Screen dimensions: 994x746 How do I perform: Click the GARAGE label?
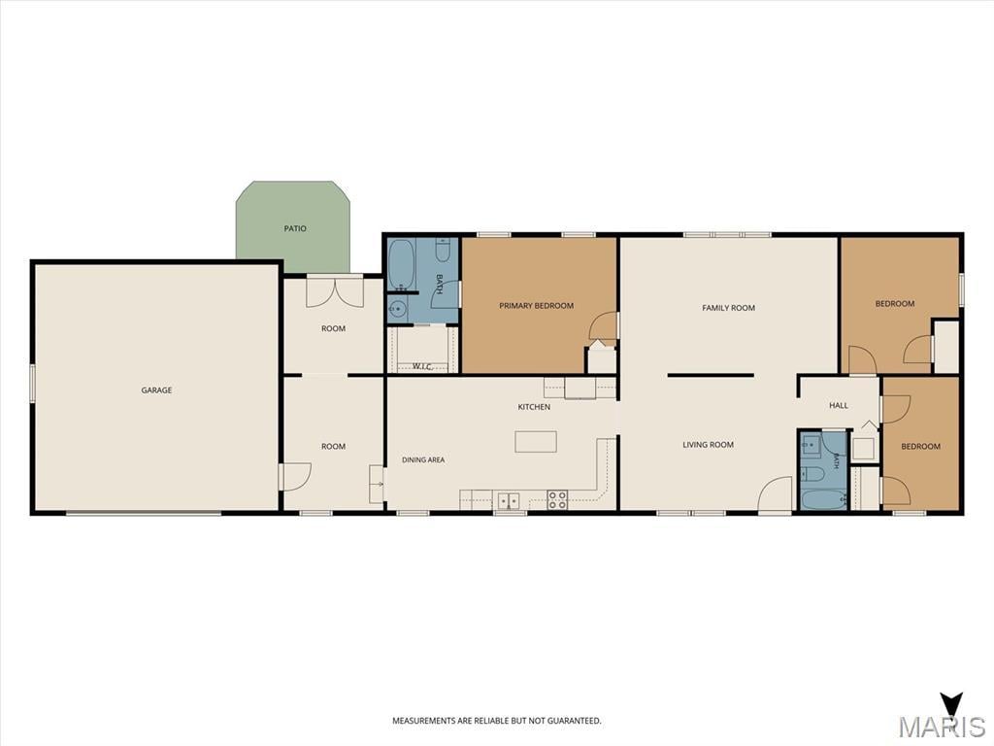[x=156, y=390]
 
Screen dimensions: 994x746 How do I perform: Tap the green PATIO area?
[x=293, y=226]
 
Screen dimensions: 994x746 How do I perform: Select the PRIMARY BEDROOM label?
[x=536, y=306]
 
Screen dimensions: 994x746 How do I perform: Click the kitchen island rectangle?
[x=536, y=442]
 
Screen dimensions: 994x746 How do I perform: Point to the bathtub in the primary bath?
[x=401, y=264]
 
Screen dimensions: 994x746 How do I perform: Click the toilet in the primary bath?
[x=443, y=250]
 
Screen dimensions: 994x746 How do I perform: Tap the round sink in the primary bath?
[x=397, y=310]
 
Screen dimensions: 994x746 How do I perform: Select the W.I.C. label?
[x=422, y=366]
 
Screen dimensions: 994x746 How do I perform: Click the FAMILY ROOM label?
[x=728, y=308]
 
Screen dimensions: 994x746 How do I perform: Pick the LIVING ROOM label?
[x=708, y=445]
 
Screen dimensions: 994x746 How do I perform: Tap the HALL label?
[x=838, y=405]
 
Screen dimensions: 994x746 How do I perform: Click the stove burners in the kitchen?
[x=557, y=500]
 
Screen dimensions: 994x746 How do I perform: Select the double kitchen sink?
[x=509, y=500]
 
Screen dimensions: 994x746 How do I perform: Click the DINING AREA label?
[x=423, y=459]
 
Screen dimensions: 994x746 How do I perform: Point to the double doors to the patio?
[x=335, y=291]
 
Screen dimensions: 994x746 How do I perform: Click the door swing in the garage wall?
[x=296, y=476]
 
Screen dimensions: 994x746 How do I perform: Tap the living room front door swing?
[x=776, y=493]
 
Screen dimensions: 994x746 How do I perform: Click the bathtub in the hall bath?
[x=823, y=499]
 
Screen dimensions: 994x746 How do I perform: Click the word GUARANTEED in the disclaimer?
[x=577, y=721]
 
